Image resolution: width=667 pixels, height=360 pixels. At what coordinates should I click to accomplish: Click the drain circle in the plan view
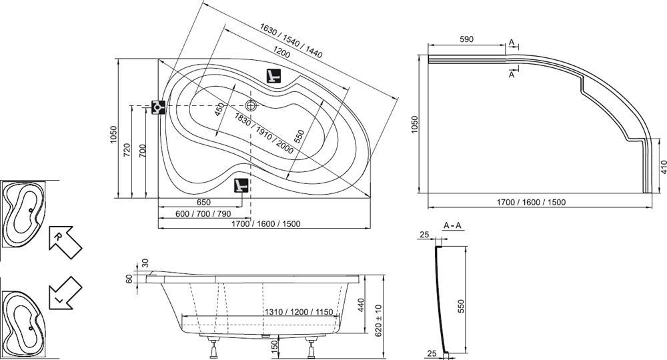point(251,105)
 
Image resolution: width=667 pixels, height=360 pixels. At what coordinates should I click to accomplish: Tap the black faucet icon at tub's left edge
point(159,107)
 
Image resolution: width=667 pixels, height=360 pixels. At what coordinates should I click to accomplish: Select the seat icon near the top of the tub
point(273,75)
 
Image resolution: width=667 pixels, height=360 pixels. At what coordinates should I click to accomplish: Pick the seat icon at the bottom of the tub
point(241,185)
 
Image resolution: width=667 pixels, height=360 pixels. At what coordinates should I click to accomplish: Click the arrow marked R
point(65,241)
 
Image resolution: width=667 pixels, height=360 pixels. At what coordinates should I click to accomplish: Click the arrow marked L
point(65,293)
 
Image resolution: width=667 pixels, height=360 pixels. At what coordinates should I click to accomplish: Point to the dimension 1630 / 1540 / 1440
point(291,41)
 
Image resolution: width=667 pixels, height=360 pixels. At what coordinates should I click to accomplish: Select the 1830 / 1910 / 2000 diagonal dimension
point(263,133)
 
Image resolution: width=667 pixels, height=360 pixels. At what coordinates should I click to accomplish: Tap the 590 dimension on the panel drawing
point(466,39)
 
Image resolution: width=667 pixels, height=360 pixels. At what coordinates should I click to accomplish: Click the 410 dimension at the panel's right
point(663,167)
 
